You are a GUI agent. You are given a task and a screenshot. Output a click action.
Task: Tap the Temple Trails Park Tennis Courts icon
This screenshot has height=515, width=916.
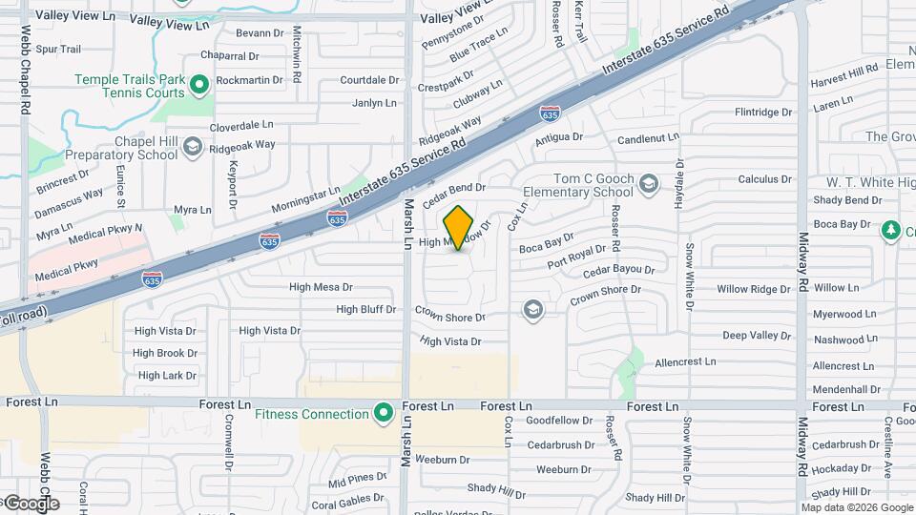point(199,87)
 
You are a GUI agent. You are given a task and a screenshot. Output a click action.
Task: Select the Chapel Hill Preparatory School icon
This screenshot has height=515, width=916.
point(193,147)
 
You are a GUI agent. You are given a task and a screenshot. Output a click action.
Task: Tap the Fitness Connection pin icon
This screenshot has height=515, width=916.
point(384,414)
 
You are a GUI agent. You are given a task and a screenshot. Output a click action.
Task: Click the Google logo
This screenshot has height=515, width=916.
point(31,504)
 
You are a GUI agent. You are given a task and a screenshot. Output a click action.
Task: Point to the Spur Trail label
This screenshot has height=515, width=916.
point(57,49)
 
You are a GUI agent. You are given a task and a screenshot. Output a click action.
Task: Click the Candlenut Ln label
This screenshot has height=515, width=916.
point(648,139)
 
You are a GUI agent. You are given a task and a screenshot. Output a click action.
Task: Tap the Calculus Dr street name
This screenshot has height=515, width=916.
point(764,178)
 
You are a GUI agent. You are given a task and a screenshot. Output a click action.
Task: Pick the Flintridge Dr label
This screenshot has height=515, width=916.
point(763,112)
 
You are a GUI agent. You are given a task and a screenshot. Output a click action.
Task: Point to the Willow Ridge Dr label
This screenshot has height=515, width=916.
point(754,289)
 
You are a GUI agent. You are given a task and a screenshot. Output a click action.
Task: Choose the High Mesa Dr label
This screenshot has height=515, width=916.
point(321,286)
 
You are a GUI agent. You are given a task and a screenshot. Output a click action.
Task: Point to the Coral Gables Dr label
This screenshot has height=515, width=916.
point(347,502)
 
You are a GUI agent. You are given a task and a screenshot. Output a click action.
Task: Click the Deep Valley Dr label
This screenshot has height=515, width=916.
point(757,336)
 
